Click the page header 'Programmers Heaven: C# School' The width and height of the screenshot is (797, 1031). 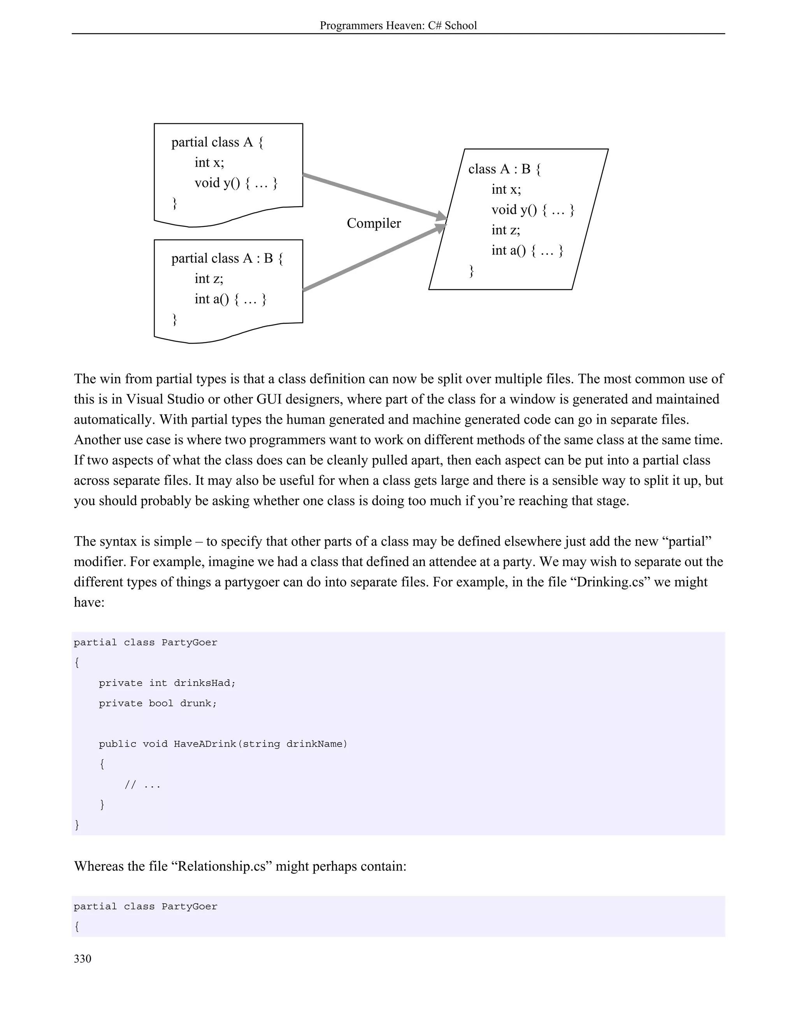(x=398, y=26)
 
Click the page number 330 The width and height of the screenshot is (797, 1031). (x=82, y=958)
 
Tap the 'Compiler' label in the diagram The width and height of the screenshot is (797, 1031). (x=374, y=223)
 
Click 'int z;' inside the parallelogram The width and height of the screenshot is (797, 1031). (x=506, y=230)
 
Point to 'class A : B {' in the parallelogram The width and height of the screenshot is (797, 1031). (x=504, y=169)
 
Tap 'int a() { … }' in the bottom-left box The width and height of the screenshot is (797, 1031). (x=230, y=299)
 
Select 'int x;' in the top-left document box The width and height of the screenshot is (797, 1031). (x=209, y=162)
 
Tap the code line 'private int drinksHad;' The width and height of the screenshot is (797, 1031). (x=167, y=683)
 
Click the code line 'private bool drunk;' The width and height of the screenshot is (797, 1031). (x=158, y=703)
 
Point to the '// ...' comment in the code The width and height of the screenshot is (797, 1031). (x=142, y=785)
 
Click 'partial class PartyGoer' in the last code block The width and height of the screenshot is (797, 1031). (x=146, y=907)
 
